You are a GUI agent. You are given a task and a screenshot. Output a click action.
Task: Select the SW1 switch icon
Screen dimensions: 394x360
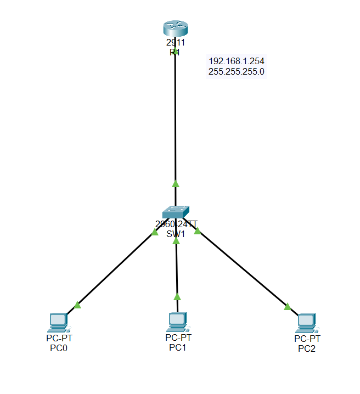(176, 212)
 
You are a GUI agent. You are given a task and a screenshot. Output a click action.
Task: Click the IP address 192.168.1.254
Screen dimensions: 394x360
(237, 61)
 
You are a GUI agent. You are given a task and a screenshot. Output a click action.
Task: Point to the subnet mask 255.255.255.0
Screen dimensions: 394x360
(237, 71)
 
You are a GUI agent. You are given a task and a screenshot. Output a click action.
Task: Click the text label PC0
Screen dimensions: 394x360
(58, 348)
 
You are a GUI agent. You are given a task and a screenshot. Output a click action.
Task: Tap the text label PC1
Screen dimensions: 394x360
(178, 347)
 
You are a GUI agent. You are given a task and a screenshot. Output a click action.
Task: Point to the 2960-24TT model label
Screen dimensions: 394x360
(176, 223)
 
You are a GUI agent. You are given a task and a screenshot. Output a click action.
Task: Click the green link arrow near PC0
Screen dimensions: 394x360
(77, 305)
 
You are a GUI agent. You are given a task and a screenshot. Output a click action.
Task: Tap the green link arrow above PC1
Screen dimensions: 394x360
(177, 297)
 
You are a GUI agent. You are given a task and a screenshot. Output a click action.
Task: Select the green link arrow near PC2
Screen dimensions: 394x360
(288, 307)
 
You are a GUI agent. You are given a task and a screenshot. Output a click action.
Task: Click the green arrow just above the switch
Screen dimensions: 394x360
(176, 183)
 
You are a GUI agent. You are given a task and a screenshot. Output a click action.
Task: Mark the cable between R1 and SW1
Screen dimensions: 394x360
(175, 121)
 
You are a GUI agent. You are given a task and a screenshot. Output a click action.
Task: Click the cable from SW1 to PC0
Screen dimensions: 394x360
(115, 269)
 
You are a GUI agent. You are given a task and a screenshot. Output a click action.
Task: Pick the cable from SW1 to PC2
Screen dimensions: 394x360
(241, 269)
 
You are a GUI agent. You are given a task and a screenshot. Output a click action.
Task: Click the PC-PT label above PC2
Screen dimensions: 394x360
(307, 339)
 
